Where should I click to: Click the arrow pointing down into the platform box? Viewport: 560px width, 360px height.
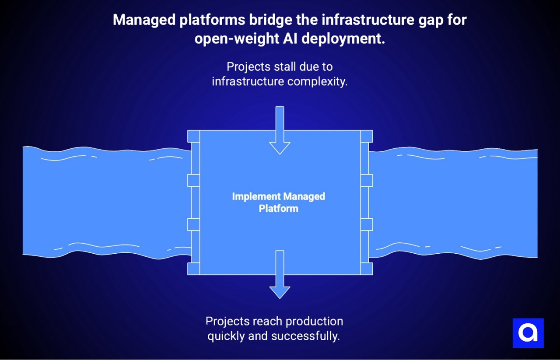(x=280, y=131)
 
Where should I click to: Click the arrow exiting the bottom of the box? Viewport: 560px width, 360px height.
(x=280, y=276)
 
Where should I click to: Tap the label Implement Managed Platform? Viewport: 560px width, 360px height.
(x=279, y=202)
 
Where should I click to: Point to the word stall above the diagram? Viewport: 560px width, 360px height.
(x=284, y=67)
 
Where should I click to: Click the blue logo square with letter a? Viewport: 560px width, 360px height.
(x=528, y=333)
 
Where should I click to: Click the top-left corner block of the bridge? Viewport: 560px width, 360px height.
(x=193, y=136)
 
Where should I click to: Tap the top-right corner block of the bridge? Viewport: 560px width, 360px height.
(x=367, y=136)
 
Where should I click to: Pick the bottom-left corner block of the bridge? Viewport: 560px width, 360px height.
(x=193, y=269)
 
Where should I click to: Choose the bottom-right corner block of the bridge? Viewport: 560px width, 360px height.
(x=367, y=269)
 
